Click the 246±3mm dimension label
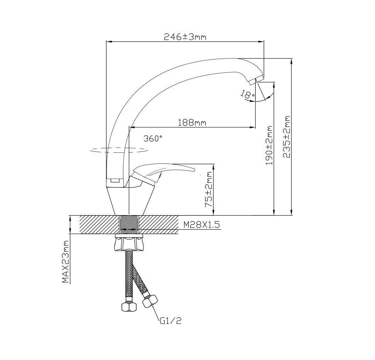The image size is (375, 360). click(185, 37)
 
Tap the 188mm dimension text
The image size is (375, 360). click(192, 122)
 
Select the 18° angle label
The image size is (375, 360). click(248, 94)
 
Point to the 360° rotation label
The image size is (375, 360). click(153, 138)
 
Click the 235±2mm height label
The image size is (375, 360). click(286, 137)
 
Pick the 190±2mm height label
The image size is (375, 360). click(269, 145)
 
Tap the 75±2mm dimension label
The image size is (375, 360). click(209, 189)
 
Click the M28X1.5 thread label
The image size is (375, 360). click(201, 225)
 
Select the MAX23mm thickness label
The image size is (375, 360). click(65, 262)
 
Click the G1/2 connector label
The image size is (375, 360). click(170, 321)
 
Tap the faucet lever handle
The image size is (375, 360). click(164, 170)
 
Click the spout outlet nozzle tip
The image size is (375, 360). click(256, 80)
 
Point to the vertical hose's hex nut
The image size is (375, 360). click(129, 306)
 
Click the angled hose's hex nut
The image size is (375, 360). click(150, 301)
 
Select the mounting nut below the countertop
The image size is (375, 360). click(129, 243)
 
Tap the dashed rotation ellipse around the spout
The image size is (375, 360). click(118, 150)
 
